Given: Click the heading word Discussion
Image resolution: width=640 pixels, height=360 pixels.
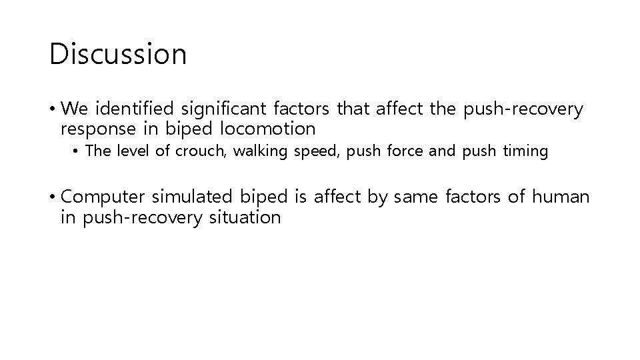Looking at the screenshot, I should pos(118,53).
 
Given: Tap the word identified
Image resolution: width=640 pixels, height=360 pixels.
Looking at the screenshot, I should pos(137,108).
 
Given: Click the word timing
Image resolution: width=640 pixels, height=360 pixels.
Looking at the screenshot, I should pos(525,152).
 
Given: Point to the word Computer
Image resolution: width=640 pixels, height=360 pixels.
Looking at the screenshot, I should pos(103,197).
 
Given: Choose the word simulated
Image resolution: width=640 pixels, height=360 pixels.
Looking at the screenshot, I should pos(193,197).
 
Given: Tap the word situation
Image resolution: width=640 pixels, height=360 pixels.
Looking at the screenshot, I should pos(243,217).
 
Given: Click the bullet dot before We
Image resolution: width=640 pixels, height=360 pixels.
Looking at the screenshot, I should pos(53,109).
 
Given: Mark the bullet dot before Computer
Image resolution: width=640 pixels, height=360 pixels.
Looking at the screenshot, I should pos(53,197).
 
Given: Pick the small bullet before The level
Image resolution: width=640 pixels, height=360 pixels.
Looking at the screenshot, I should pos(77,152).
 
